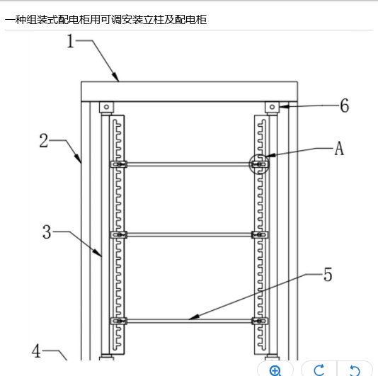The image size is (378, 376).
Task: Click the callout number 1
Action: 70,41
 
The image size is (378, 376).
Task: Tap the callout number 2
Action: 44,140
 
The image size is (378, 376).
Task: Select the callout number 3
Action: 47,232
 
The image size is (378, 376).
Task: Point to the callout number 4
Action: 36,351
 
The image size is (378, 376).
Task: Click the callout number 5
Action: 328,275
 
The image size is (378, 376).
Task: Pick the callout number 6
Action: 345,106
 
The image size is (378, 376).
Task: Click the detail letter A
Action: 339,148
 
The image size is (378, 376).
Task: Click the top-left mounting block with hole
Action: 106,107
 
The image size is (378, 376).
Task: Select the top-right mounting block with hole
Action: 272,107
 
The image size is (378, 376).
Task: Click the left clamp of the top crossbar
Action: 119,164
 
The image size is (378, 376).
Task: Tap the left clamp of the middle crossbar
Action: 119,234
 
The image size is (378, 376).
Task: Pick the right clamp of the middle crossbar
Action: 260,234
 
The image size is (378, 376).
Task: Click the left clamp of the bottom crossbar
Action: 119,321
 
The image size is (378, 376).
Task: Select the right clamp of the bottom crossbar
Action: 260,321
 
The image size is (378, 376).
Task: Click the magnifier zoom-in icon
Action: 275,371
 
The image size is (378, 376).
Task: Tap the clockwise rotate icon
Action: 319,370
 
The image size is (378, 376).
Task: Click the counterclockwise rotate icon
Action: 355,370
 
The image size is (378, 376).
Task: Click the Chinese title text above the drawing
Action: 106,20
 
